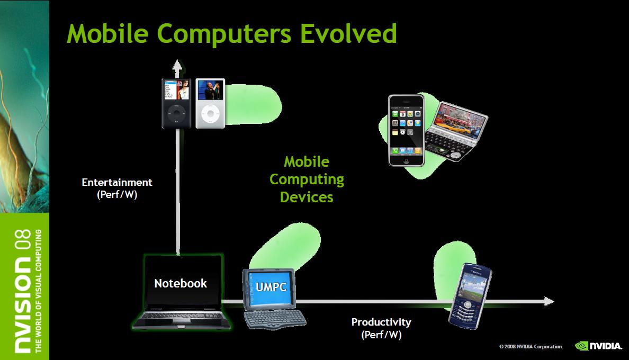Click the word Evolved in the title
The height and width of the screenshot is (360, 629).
point(348,33)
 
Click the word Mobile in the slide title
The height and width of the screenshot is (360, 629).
point(107,33)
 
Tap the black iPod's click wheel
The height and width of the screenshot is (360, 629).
point(176,113)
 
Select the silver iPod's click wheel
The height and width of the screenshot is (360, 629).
point(210,113)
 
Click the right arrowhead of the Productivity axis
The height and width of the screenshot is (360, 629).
point(549,301)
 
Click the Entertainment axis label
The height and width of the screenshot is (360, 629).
point(116,188)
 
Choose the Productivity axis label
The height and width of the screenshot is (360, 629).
point(381,328)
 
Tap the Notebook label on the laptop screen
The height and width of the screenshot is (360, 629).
point(181,283)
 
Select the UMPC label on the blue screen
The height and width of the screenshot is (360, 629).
point(271,287)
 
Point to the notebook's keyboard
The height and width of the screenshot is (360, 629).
point(182,316)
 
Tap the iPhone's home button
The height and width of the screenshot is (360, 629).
point(406,161)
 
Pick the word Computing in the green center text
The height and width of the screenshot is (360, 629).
point(307,179)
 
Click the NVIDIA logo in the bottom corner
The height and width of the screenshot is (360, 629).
point(598,346)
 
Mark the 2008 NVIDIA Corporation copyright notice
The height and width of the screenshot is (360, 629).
point(531,346)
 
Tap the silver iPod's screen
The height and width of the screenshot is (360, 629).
point(210,90)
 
